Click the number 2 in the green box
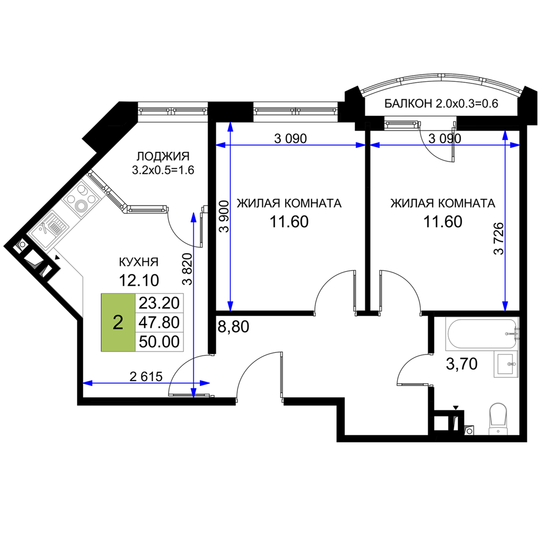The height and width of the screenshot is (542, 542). (x=118, y=322)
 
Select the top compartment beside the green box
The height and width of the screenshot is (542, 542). (x=159, y=302)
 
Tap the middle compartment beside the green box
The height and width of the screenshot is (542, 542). (x=159, y=322)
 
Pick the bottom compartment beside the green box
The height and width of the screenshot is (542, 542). (x=159, y=342)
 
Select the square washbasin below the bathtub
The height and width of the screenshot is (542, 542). (x=505, y=364)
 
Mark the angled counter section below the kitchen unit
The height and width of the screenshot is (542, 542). (x=69, y=282)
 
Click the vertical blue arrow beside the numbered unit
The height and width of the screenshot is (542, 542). (x=193, y=304)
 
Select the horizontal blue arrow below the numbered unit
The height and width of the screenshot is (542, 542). (x=146, y=383)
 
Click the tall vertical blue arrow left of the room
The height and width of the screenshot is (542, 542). (x=230, y=217)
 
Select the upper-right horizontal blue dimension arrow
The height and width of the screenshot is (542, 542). (x=444, y=145)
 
